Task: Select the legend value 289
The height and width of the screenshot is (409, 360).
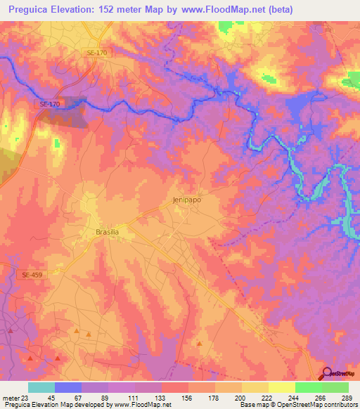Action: (347, 397)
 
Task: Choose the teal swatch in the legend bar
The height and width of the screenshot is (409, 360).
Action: (41, 387)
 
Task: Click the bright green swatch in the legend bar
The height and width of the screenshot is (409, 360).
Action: (308, 387)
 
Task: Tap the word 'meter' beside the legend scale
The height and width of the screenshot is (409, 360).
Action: (11, 397)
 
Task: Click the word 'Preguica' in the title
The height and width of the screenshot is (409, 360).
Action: (33, 9)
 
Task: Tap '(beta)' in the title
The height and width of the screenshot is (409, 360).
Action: (278, 9)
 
